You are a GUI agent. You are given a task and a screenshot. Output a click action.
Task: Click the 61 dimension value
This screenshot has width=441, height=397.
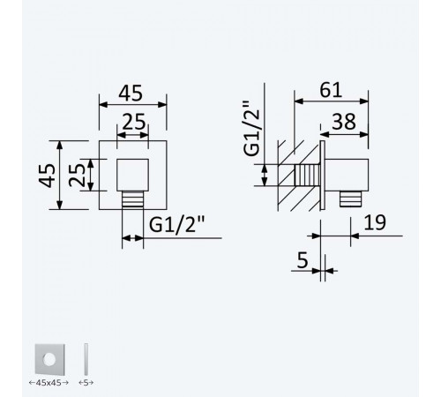point(331,90)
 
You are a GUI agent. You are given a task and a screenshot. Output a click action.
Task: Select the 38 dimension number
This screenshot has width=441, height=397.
point(344,122)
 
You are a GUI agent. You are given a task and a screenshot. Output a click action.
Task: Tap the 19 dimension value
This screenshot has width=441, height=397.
point(375,222)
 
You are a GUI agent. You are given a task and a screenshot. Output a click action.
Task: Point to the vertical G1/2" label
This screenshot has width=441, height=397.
point(251,128)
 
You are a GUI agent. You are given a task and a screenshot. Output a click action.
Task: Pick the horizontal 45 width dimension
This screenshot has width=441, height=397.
point(131,94)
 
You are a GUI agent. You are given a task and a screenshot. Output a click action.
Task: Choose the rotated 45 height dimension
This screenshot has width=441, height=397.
point(47,176)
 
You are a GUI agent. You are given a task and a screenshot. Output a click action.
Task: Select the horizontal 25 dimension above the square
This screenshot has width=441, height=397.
point(134,122)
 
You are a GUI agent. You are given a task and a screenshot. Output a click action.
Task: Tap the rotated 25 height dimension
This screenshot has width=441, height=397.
point(77,175)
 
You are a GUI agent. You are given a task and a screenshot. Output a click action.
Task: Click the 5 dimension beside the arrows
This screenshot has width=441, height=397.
point(303,260)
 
